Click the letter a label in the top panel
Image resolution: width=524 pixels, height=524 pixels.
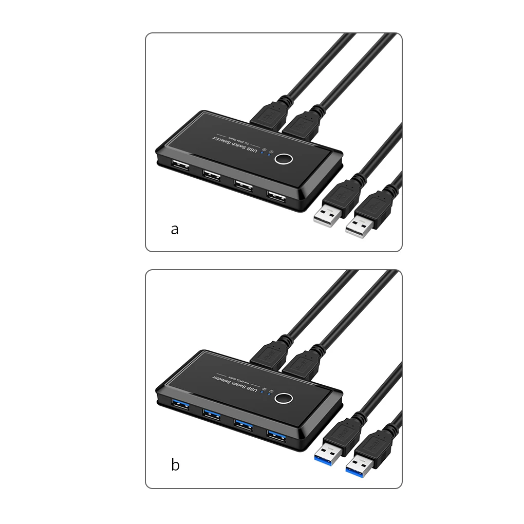pyautogui.click(x=175, y=229)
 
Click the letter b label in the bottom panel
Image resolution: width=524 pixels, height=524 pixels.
pyautogui.click(x=175, y=465)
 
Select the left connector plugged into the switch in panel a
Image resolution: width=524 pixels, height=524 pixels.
pyautogui.click(x=269, y=116)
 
